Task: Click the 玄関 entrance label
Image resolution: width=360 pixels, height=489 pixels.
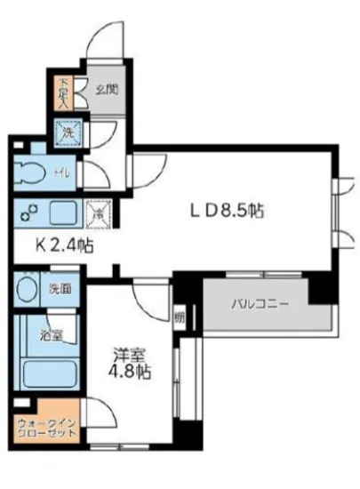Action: [x=108, y=89]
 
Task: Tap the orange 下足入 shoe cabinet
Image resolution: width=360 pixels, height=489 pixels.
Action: [x=65, y=92]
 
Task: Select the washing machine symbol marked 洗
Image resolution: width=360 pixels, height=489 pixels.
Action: [x=67, y=134]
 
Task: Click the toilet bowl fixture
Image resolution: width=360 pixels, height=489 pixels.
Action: [x=29, y=172]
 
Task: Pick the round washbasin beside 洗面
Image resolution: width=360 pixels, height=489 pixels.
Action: [x=28, y=290]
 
